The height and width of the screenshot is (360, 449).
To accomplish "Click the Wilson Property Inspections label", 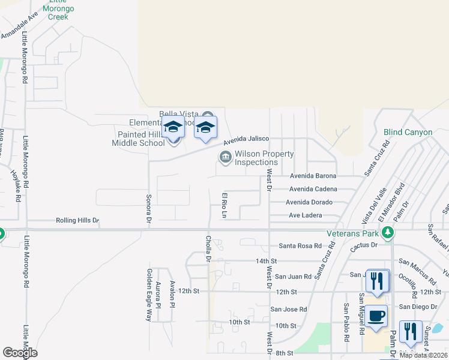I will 264,158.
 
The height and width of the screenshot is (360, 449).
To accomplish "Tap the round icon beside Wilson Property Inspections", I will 225,158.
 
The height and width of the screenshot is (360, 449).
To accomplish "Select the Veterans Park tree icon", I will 388,232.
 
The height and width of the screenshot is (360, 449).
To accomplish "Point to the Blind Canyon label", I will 408,132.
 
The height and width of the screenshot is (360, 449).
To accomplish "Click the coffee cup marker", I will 376,316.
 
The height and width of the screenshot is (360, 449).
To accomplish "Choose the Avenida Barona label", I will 313,176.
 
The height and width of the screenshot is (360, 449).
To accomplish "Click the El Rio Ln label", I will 225,205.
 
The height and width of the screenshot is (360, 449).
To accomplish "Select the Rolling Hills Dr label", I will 77,221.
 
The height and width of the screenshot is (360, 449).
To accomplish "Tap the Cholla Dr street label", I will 209,248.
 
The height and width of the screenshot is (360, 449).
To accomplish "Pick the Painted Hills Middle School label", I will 138,139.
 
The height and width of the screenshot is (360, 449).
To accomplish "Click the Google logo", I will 20,353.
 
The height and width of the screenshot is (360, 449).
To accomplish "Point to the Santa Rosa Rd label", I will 300,246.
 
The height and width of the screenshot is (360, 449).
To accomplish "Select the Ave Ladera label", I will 305,215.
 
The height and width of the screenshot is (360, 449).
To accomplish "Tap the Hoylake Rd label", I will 17,186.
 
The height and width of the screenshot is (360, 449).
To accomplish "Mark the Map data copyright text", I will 423,355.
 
